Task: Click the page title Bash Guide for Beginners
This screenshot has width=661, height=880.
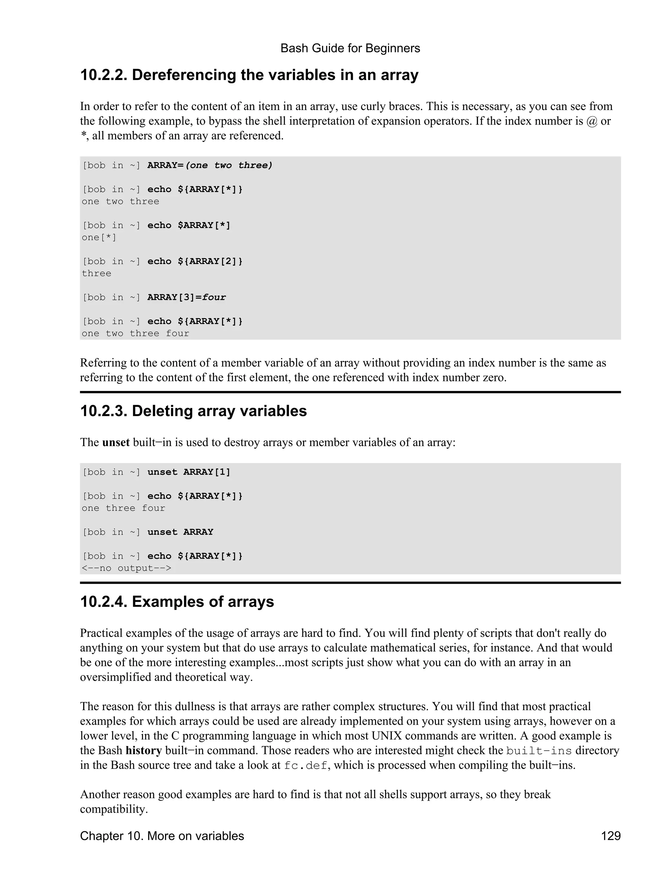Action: (x=350, y=48)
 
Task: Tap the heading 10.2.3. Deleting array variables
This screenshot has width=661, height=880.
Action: (x=193, y=411)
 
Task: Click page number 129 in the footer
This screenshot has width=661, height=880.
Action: (x=611, y=836)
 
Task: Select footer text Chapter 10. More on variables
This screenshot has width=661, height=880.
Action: (x=162, y=836)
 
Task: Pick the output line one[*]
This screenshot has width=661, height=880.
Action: (x=99, y=238)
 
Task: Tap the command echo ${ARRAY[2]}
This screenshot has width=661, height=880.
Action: (x=195, y=261)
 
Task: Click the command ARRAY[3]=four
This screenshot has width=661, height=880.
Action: (x=186, y=297)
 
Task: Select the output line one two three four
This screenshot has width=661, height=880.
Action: (x=135, y=333)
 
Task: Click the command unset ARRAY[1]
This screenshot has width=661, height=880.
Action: (x=188, y=472)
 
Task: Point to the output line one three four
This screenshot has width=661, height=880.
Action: (x=123, y=508)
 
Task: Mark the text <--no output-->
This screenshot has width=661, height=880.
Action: (x=126, y=568)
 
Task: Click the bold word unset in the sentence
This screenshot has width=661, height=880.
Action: (x=116, y=442)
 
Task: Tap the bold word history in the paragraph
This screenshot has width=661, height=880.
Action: (x=143, y=751)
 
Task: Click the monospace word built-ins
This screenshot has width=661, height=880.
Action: (x=539, y=751)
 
